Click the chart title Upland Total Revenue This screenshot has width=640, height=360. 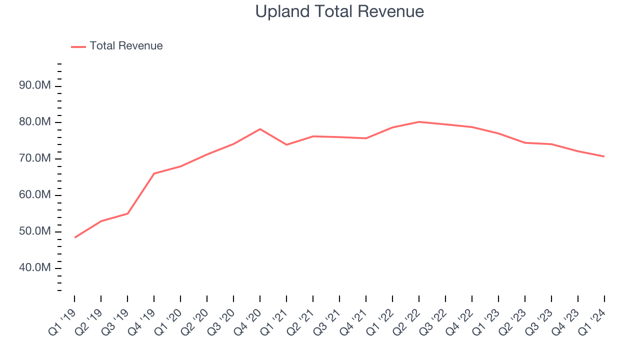pos(339,11)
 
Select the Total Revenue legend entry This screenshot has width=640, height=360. pos(126,46)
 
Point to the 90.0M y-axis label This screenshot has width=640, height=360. pos(35,86)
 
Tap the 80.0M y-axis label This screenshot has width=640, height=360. pos(35,122)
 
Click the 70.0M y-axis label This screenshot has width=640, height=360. pos(35,159)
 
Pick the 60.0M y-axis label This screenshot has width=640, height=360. pos(35,195)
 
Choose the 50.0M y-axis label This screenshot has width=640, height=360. pos(35,232)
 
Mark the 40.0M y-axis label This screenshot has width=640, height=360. pos(35,268)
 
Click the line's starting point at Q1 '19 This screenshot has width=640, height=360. pos(74,237)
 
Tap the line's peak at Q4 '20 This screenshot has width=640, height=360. pos(260,129)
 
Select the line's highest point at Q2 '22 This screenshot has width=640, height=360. pos(419,121)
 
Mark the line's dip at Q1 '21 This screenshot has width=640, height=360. pos(286,144)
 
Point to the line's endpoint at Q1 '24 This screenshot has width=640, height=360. pos(604,156)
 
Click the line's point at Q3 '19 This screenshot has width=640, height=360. pos(127,213)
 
